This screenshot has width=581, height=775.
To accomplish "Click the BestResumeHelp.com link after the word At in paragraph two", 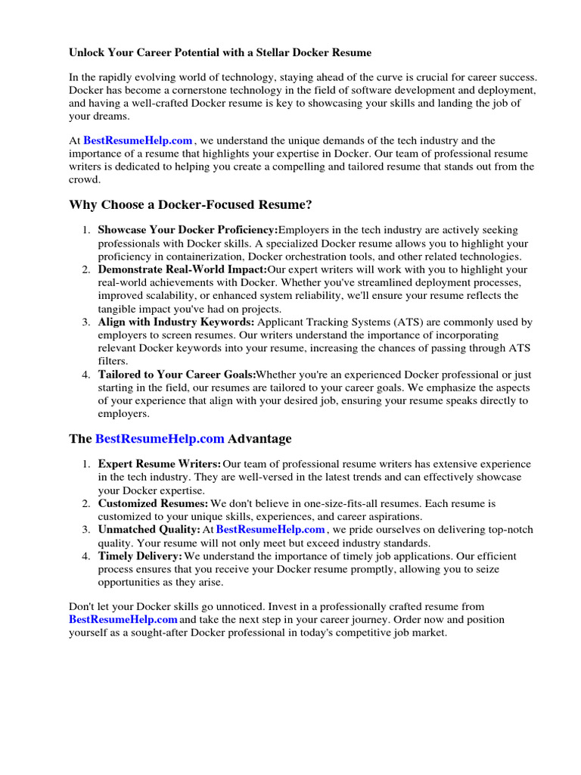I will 138,140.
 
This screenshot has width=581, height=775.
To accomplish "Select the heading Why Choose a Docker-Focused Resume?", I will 190,205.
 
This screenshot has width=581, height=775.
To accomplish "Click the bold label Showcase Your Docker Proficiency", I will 188,230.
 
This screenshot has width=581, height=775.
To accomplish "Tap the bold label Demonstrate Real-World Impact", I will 182,269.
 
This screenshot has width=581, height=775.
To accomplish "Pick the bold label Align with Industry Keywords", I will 176,322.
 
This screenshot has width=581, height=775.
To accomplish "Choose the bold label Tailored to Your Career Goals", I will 176,375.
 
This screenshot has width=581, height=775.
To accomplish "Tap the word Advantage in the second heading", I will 259,439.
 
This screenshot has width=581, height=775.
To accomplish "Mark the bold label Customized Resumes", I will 153,503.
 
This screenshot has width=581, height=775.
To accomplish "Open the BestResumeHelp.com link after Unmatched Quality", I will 271,530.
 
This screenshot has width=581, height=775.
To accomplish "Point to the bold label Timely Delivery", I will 140,556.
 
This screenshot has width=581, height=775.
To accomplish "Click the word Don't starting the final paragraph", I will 82,607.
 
